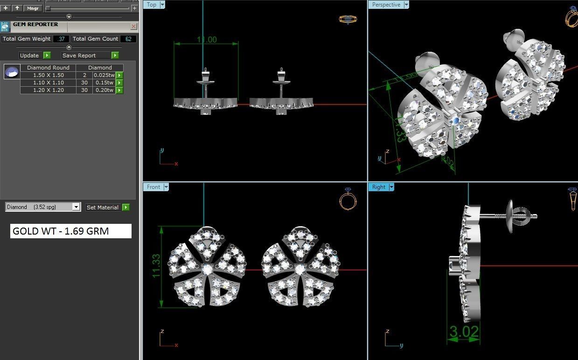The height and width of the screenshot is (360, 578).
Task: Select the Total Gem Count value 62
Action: pos(128,39)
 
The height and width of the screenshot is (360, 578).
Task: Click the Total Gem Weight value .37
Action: pos(61,39)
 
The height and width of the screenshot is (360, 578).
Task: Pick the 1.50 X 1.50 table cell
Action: pos(48,75)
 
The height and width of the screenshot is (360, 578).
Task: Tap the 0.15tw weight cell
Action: pos(104,83)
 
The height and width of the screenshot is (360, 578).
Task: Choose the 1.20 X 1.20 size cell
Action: pos(48,90)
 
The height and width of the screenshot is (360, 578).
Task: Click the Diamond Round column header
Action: pos(48,68)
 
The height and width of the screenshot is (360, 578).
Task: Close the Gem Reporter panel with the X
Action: pos(133,27)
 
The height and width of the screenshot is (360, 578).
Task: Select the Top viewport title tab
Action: pos(152,5)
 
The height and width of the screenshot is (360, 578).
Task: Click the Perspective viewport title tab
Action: pos(386,5)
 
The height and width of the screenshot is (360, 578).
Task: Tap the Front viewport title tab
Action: pos(153,187)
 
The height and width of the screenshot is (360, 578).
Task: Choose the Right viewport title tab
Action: pos(378,187)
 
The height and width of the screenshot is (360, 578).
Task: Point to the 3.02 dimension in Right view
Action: pos(464,332)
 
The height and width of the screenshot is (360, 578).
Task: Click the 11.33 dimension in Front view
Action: pos(156,266)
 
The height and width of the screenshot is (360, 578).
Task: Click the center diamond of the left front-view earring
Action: pos(207,270)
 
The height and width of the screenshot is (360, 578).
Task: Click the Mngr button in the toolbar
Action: pos(33,8)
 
